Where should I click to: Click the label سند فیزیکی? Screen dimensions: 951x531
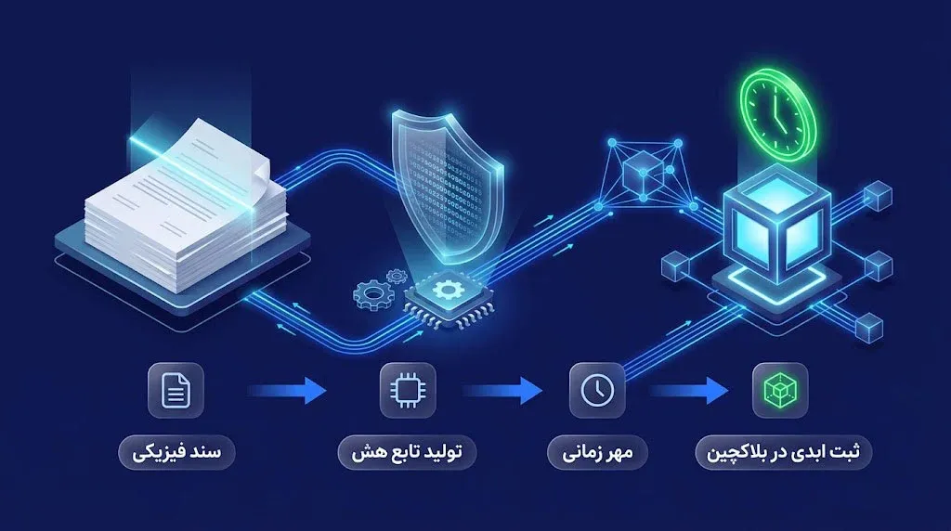176,452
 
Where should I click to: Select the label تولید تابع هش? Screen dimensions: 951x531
407,452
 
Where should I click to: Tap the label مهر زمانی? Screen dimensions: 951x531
597,452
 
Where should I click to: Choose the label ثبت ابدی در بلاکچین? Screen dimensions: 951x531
782,452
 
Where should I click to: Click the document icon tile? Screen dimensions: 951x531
176,391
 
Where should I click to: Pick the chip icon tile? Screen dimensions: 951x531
408,391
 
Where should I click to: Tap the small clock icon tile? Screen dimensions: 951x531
597,391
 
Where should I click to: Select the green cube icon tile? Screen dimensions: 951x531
780,391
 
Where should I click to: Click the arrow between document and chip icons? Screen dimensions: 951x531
289,391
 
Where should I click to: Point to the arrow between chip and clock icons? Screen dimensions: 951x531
503,391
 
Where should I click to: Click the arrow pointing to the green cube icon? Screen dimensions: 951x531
690,391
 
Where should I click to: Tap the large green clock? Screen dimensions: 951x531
779,115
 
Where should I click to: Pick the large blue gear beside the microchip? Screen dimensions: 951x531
371,294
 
